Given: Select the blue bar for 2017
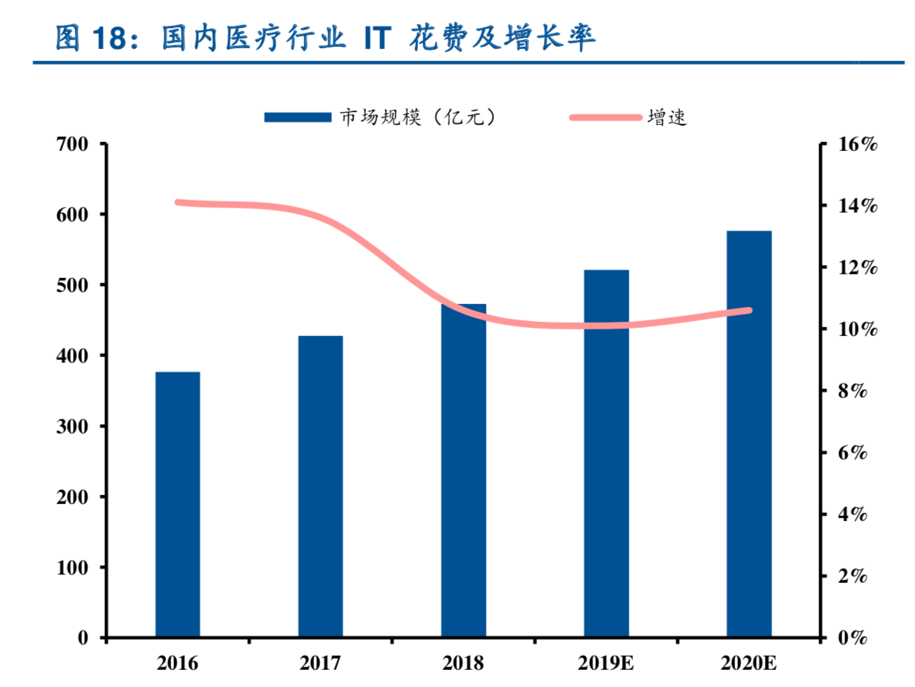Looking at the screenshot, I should (321, 486).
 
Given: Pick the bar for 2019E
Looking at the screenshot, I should (606, 454).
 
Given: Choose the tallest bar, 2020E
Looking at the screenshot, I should (749, 434).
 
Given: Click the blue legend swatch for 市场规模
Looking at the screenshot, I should (298, 117).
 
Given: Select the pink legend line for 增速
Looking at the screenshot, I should (605, 117).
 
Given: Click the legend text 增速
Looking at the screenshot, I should (667, 117).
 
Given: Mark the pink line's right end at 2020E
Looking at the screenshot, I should (749, 310).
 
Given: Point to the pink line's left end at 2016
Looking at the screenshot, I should (178, 202).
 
